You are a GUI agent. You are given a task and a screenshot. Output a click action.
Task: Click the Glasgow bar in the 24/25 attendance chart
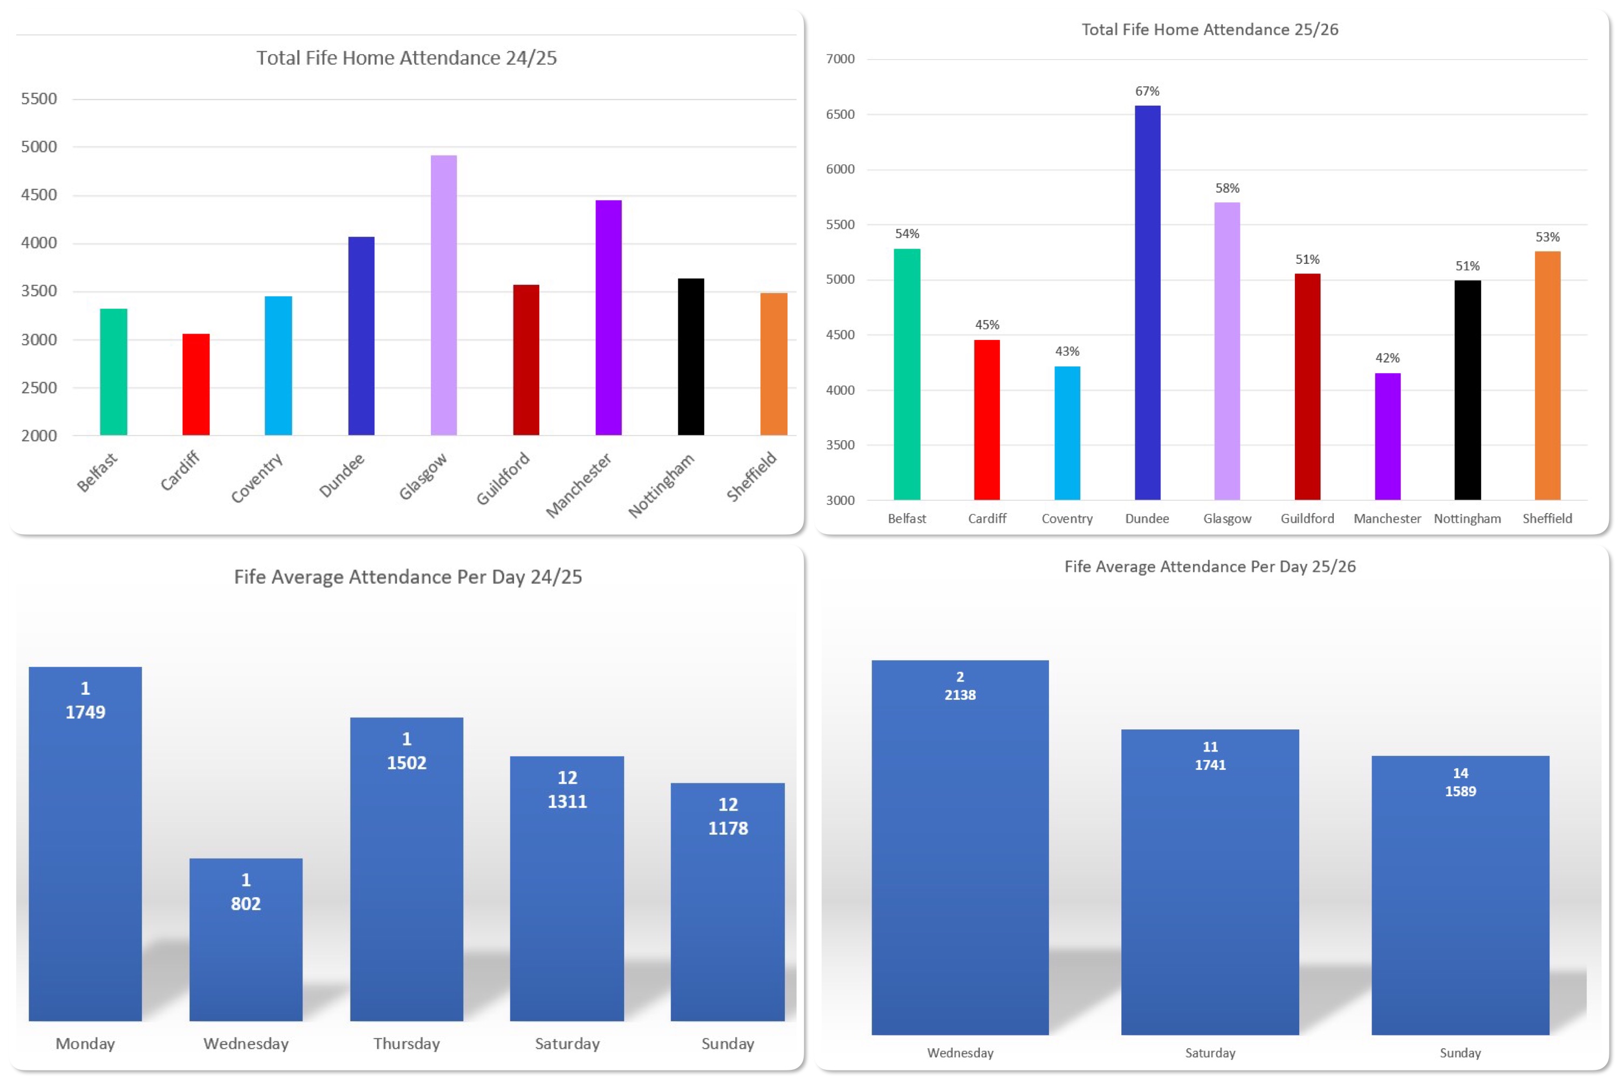(x=444, y=295)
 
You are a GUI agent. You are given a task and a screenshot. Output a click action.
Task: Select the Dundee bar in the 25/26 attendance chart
(x=1148, y=303)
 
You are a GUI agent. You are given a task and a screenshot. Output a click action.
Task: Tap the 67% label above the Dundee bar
(x=1148, y=91)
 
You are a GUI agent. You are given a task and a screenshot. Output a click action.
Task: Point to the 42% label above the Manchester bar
(x=1388, y=358)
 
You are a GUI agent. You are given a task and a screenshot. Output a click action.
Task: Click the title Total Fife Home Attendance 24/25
(x=407, y=58)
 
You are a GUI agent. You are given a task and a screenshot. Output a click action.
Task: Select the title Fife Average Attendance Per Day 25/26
(x=1210, y=566)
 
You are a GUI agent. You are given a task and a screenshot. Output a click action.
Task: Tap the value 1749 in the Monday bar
(x=85, y=712)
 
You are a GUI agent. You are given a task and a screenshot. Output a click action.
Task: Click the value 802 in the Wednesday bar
(x=245, y=904)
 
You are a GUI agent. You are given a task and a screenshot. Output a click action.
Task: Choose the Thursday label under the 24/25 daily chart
(x=407, y=1044)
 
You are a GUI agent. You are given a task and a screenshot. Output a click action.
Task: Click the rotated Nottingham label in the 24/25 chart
(x=661, y=485)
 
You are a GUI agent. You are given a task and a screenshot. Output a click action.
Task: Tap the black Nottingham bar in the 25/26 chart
(x=1468, y=390)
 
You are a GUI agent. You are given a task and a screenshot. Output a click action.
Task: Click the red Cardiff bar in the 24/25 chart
(x=196, y=385)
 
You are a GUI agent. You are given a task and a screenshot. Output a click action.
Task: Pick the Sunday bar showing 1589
(x=1461, y=895)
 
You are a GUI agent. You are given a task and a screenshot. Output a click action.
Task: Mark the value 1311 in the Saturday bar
(x=567, y=802)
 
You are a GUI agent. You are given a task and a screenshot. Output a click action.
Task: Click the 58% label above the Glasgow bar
(x=1228, y=188)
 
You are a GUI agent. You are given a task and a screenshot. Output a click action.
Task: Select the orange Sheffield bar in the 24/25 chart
(x=774, y=364)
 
